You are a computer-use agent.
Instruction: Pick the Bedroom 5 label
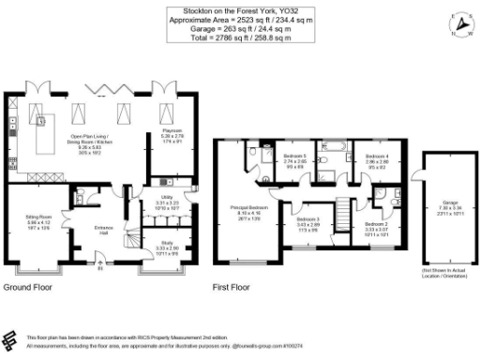pyautogui.click(x=294, y=156)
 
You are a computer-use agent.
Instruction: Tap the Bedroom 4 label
pyautogui.click(x=376, y=156)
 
